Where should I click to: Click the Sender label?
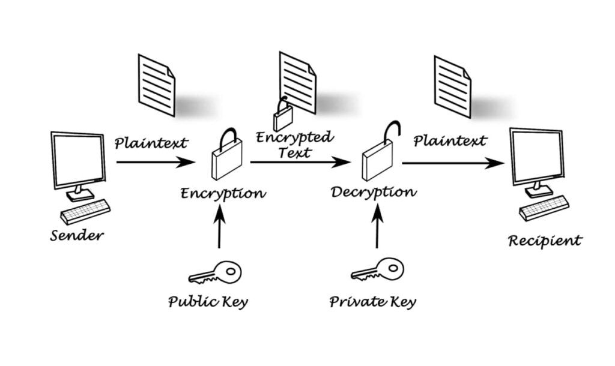(x=76, y=235)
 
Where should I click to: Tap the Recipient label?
(x=545, y=241)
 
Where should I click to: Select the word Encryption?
(x=223, y=193)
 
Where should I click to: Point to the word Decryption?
(x=373, y=192)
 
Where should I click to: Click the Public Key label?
(x=208, y=301)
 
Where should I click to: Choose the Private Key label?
(x=372, y=301)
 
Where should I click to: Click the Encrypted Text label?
(x=294, y=145)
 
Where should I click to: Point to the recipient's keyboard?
(x=544, y=208)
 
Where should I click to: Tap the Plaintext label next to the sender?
(x=151, y=143)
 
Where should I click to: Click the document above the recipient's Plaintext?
(x=452, y=86)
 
